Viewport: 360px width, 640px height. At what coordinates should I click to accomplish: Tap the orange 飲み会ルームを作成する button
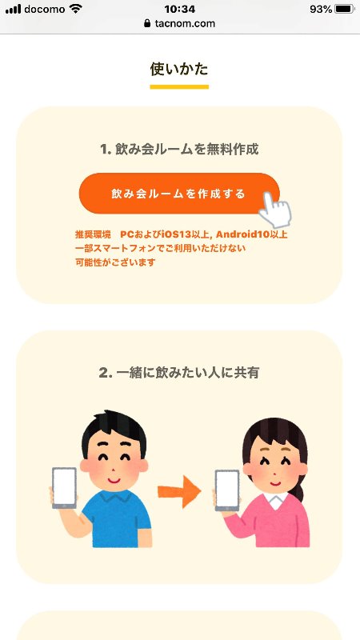[179, 193]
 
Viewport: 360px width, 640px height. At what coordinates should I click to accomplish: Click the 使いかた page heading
[179, 69]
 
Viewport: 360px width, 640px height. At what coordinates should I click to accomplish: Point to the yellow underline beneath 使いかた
[179, 86]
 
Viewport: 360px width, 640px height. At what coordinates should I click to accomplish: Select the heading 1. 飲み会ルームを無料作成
[179, 150]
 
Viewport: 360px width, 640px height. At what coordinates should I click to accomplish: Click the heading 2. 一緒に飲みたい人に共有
[179, 372]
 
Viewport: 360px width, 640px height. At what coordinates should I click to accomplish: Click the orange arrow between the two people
[179, 492]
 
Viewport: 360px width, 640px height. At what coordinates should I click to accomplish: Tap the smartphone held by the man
[64, 488]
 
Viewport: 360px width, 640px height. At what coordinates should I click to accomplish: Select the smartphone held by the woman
[227, 490]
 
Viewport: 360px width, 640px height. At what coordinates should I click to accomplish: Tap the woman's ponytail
[299, 487]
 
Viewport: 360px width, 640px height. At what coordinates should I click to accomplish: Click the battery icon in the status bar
[344, 9]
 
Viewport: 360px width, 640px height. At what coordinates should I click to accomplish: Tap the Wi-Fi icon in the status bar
[75, 9]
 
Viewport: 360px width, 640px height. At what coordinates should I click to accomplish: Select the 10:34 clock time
[179, 9]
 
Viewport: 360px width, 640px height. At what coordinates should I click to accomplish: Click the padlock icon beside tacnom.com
[147, 24]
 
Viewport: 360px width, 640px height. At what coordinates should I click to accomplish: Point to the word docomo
[45, 9]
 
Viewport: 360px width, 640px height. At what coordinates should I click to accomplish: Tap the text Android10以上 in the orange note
[252, 234]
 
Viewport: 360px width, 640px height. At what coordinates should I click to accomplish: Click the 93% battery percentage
[321, 9]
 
